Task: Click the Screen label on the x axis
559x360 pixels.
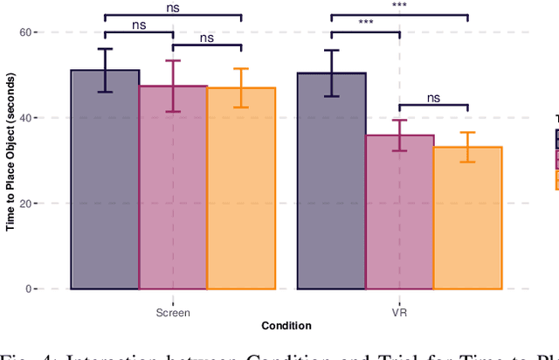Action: point(173,312)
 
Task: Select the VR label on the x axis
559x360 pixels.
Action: point(399,312)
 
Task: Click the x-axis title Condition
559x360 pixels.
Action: point(286,326)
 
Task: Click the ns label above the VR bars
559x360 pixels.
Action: point(433,99)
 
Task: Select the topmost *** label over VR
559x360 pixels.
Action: point(399,6)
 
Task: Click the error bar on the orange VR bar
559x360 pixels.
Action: point(467,147)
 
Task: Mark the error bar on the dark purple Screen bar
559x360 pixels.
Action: point(105,70)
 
